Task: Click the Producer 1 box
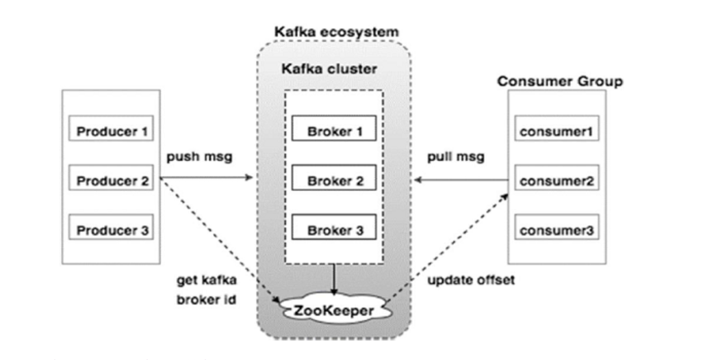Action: click(112, 130)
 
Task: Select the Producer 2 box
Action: click(112, 181)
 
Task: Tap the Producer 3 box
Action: click(112, 230)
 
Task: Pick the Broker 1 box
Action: click(333, 129)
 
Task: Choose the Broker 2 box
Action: click(333, 181)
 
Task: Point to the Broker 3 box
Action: click(333, 230)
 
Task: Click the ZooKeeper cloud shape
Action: click(333, 309)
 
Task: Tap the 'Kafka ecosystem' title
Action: click(336, 32)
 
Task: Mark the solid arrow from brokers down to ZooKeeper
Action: click(333, 279)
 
